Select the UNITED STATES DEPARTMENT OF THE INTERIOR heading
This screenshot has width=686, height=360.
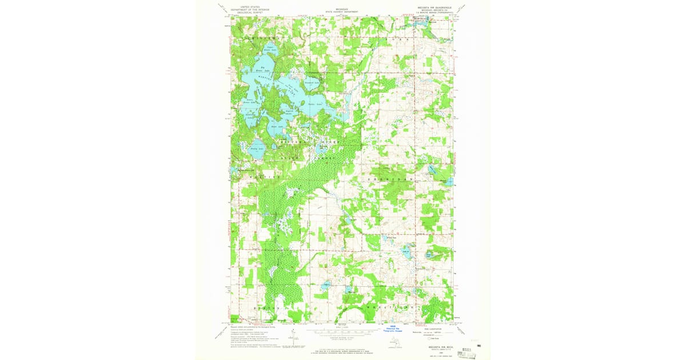249,9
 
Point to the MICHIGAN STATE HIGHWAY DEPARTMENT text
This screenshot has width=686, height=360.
342,10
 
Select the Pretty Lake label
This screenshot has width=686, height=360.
257,149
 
